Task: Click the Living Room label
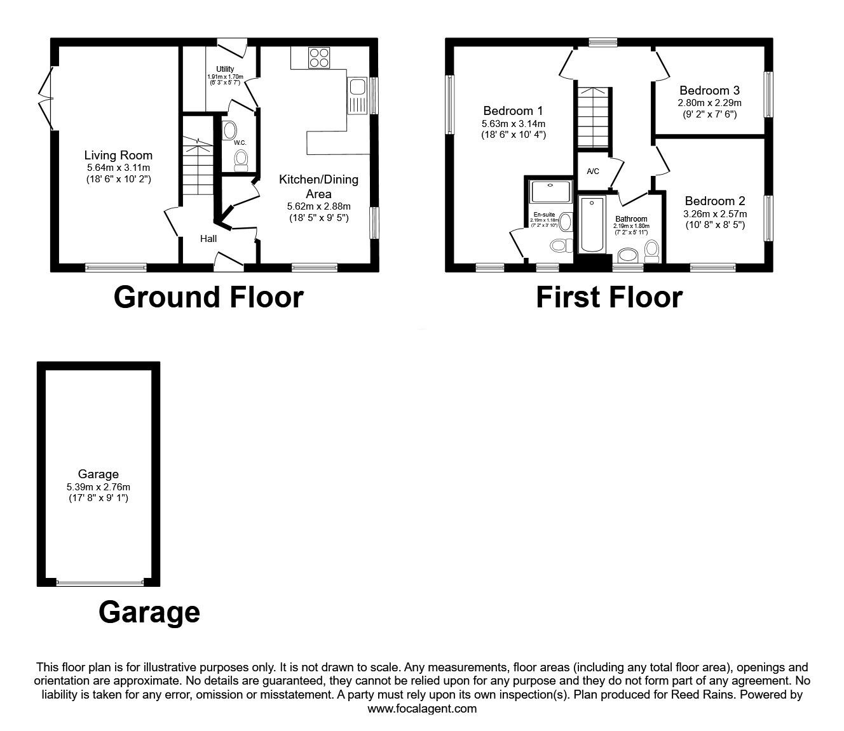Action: (x=119, y=155)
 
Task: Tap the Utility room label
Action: (x=225, y=69)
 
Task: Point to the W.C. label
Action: (x=240, y=143)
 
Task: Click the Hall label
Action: (x=208, y=239)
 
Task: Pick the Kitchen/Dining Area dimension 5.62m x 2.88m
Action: (x=318, y=206)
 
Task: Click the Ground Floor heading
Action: (x=208, y=297)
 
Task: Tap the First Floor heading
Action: (x=609, y=297)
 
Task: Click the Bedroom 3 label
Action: (x=709, y=90)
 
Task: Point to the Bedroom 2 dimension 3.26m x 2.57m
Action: (x=715, y=214)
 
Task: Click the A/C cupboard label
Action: (x=593, y=171)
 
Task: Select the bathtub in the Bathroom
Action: (x=592, y=225)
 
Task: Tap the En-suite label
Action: (x=544, y=215)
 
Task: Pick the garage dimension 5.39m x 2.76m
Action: (x=99, y=487)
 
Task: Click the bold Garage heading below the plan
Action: (x=149, y=612)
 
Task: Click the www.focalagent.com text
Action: (x=422, y=708)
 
